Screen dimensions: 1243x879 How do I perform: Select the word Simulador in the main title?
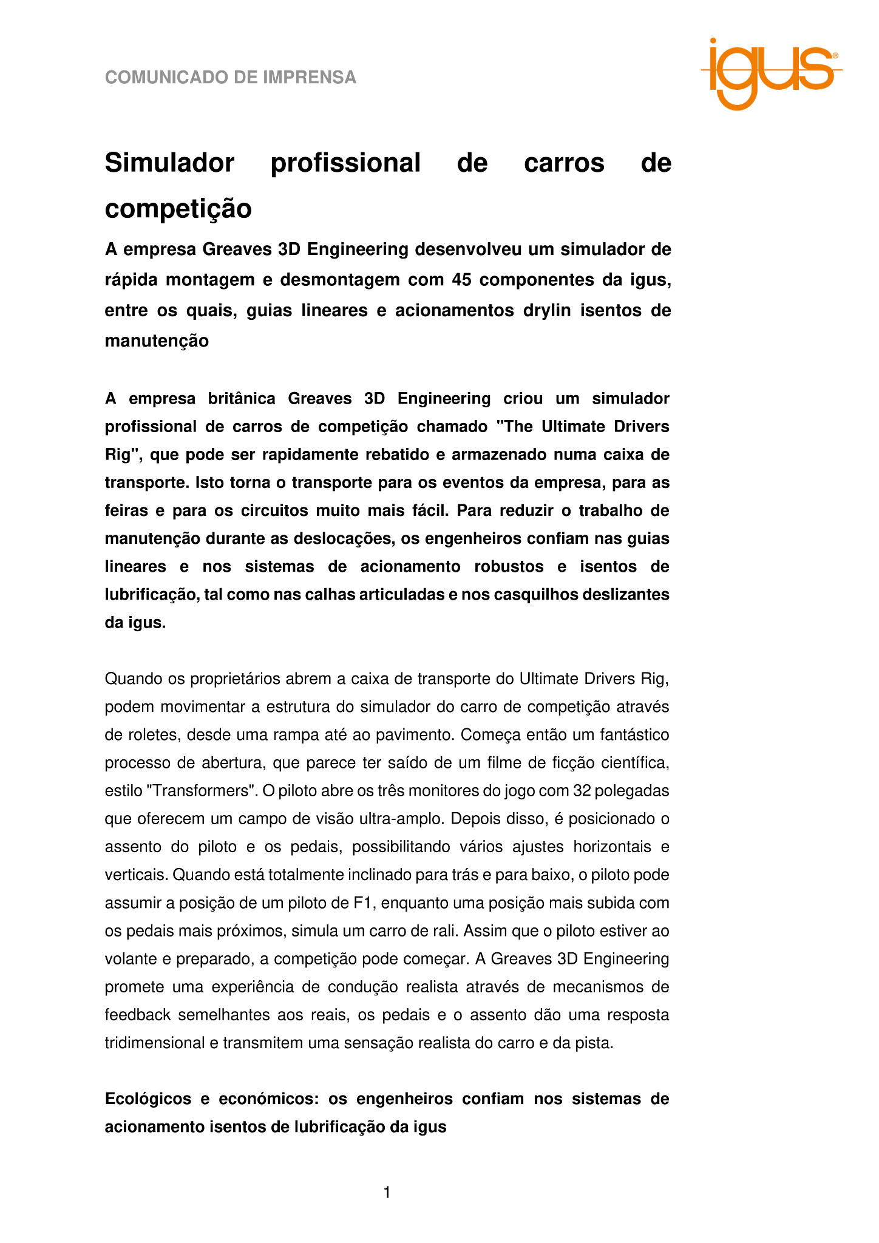tap(169, 163)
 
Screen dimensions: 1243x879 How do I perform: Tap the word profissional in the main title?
tap(345, 163)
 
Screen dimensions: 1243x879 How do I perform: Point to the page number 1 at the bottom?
tap(387, 1193)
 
